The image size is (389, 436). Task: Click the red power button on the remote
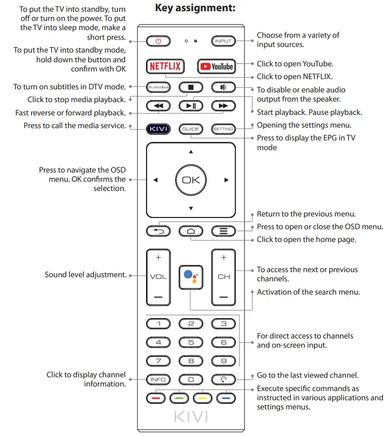click(158, 41)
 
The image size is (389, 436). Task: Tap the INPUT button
click(223, 41)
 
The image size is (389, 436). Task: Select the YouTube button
click(216, 66)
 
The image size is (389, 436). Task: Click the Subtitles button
click(158, 87)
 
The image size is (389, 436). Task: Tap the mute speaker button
click(223, 87)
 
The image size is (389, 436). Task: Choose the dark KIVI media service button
click(158, 129)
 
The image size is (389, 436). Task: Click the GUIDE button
click(191, 129)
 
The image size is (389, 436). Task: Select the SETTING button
click(223, 129)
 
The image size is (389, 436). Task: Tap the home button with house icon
click(191, 231)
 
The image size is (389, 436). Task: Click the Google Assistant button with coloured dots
click(191, 277)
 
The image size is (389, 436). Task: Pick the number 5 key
click(191, 343)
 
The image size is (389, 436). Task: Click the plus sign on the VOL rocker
click(158, 258)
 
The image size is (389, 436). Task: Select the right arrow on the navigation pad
click(226, 180)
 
